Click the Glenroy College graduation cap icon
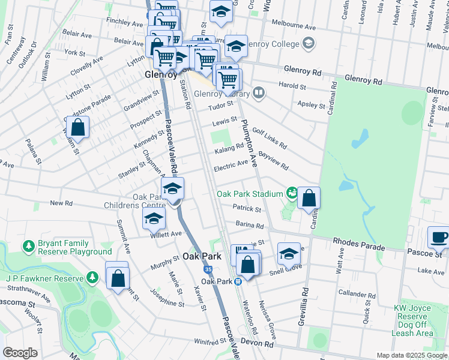309,43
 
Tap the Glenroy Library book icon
259,92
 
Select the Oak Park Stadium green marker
292,193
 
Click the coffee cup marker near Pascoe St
438,236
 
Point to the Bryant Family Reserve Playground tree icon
28,246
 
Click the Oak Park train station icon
239,281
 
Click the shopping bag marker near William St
77,127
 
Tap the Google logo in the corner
20,353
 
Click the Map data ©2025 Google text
412,355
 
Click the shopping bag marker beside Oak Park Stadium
309,198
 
